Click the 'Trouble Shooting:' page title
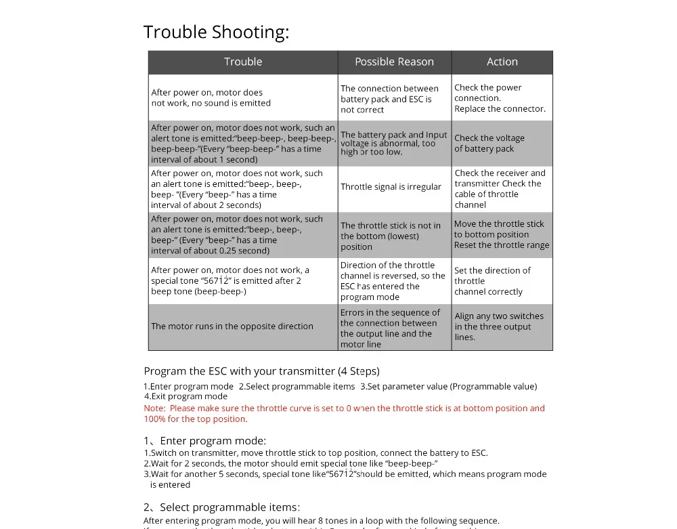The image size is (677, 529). pyautogui.click(x=216, y=32)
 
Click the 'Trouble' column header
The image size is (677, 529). pyautogui.click(x=243, y=62)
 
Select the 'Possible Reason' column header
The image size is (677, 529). pyautogui.click(x=394, y=62)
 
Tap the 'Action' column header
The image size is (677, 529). pyautogui.click(x=502, y=62)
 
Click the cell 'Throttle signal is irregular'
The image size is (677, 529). pyautogui.click(x=391, y=187)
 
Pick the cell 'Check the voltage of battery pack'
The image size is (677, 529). pyautogui.click(x=489, y=144)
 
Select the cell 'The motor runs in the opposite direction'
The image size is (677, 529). pyautogui.click(x=232, y=326)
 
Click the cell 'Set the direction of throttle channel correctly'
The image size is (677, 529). pyautogui.click(x=492, y=281)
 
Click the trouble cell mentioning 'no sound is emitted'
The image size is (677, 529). pyautogui.click(x=211, y=98)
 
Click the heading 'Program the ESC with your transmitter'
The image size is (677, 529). pyautogui.click(x=261, y=371)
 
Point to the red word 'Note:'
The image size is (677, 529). pyautogui.click(x=154, y=408)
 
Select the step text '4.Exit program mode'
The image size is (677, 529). pyautogui.click(x=185, y=396)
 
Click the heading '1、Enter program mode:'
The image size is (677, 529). pyautogui.click(x=204, y=441)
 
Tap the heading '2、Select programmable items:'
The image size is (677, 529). pyautogui.click(x=221, y=507)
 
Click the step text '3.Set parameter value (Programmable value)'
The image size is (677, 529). pyautogui.click(x=448, y=387)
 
